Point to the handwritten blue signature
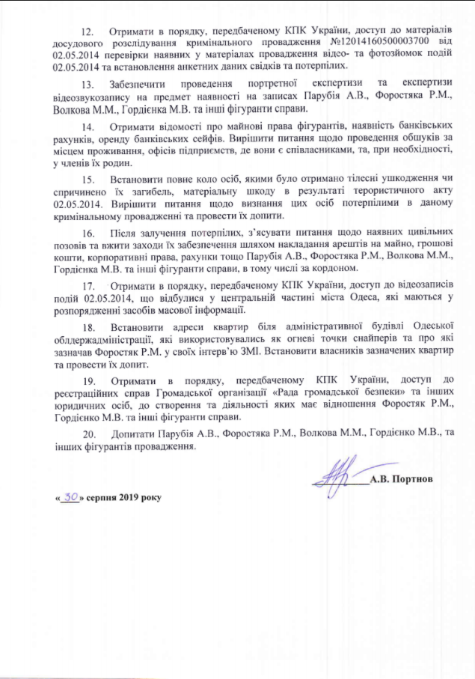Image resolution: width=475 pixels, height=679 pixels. (340, 474)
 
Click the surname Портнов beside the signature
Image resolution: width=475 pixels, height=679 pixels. (411, 477)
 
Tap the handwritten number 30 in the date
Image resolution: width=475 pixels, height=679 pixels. (71, 496)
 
